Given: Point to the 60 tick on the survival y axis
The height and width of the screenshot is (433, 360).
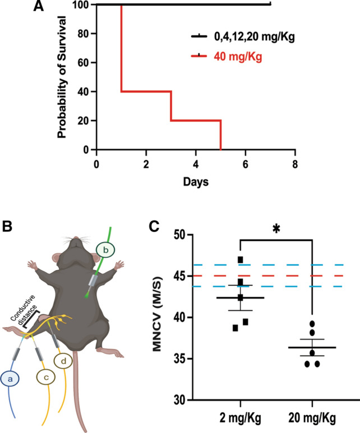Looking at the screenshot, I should tap(85, 63).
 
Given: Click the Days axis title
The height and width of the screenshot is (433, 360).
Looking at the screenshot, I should tap(196, 182).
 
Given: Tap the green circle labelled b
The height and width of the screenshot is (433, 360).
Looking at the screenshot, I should tap(105, 249).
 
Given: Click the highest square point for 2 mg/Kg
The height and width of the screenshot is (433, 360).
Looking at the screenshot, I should tap(240, 259).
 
